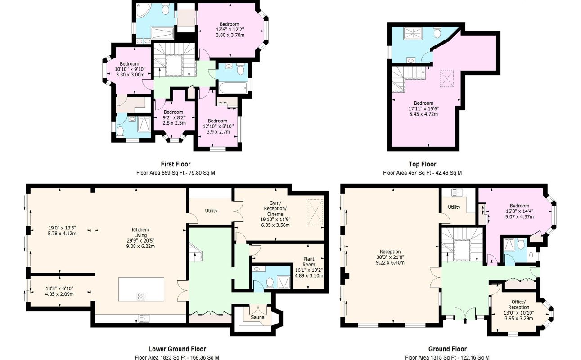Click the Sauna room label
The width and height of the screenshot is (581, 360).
click(257, 317)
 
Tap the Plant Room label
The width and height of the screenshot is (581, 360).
click(309, 262)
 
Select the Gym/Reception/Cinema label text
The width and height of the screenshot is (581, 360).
click(275, 208)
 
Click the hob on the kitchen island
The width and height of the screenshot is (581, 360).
click(141, 296)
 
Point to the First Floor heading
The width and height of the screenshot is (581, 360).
click(176, 164)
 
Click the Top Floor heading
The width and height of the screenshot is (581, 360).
click(423, 164)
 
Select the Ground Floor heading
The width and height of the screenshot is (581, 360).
click(447, 349)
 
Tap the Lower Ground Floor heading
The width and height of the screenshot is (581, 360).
click(177, 349)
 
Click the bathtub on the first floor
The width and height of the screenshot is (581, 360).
click(233, 88)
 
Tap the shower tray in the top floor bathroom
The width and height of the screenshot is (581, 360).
click(414, 34)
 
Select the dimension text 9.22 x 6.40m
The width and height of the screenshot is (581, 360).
click(390, 263)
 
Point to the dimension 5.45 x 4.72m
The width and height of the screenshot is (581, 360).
click(423, 114)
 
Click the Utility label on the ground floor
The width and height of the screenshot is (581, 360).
click(454, 207)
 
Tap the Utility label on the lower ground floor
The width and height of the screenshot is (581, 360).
click(211, 211)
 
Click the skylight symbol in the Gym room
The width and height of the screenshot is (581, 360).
click(315, 212)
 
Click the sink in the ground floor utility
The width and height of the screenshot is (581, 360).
click(457, 193)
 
